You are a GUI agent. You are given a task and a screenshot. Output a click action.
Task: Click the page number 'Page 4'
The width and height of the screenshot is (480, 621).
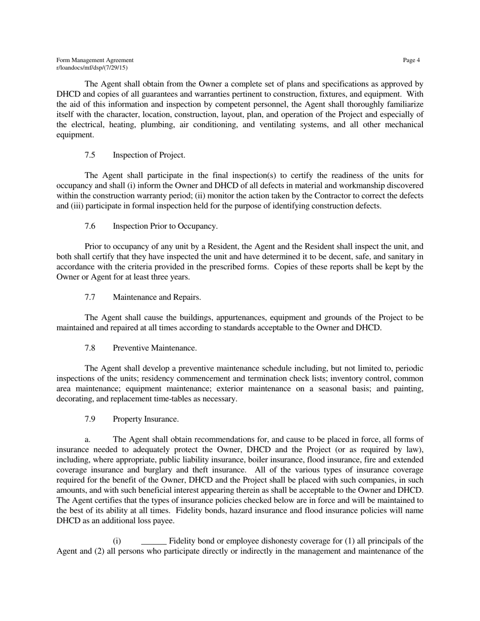tap(411, 61)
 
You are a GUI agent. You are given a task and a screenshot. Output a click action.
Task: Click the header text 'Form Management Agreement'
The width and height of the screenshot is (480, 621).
tap(95, 61)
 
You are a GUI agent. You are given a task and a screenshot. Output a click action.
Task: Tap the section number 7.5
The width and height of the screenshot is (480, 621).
tap(90, 155)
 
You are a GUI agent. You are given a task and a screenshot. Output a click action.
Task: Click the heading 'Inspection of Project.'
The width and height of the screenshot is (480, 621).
tap(149, 155)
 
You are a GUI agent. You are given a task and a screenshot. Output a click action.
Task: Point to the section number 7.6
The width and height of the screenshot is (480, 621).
tap(90, 226)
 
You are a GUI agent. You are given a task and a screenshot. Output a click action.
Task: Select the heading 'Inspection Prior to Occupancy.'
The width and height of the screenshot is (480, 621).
tap(165, 226)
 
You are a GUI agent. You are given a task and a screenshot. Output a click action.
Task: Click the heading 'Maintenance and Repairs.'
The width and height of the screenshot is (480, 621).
tap(157, 297)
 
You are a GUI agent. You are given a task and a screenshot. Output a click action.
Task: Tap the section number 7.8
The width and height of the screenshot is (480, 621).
tap(90, 348)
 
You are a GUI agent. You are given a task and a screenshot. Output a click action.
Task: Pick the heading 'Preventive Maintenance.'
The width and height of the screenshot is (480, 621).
tap(155, 348)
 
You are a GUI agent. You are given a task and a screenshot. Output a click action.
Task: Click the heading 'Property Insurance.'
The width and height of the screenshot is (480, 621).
tap(146, 420)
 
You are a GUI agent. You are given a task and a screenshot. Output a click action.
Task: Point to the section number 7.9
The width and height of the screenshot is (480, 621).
tap(90, 420)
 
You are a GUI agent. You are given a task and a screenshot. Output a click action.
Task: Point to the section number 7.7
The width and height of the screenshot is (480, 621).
tap(90, 297)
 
